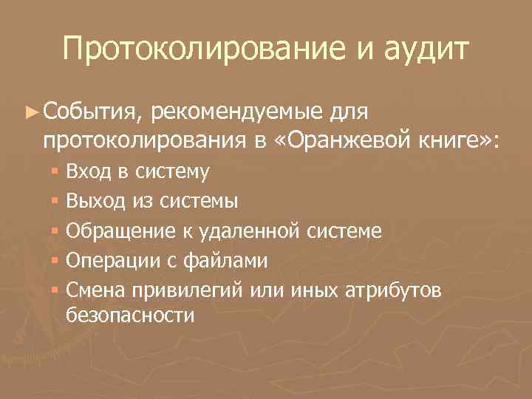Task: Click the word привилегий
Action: [x=185, y=290]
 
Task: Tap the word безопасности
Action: [x=131, y=317]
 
